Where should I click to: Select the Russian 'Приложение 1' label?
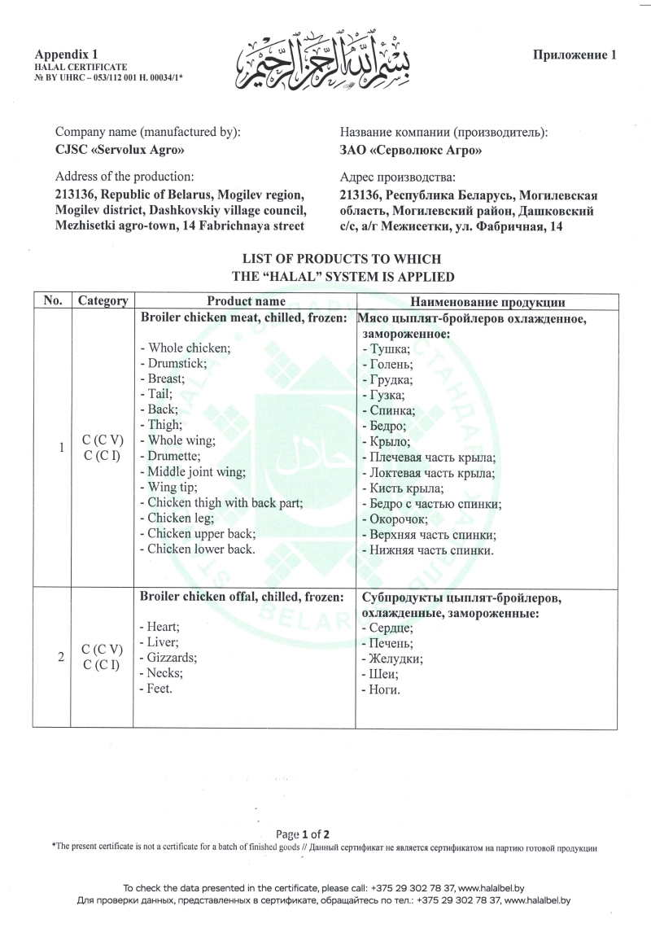tap(575, 55)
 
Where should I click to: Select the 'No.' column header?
tap(53, 300)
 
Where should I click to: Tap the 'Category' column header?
tap(103, 300)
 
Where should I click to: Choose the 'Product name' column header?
tap(246, 300)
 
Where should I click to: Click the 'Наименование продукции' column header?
tap(486, 300)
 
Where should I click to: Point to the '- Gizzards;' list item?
tap(172, 657)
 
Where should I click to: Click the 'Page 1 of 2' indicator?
tap(303, 834)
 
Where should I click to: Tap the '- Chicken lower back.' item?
tap(197, 549)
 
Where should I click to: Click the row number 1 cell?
tap(59, 447)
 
